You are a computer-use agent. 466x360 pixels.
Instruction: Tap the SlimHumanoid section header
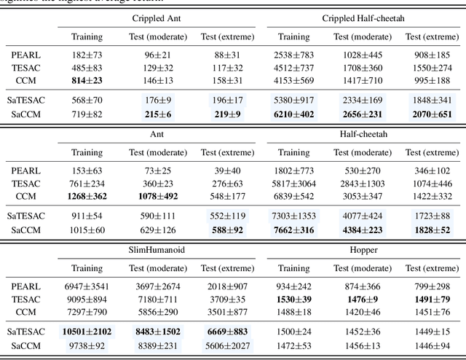pos(157,249)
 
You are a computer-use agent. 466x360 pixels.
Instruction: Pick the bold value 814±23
pos(87,80)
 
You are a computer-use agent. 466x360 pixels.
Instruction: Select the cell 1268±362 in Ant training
pos(87,197)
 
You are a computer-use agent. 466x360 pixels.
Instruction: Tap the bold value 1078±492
pos(158,197)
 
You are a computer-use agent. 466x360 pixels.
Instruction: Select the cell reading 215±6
pos(158,115)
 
